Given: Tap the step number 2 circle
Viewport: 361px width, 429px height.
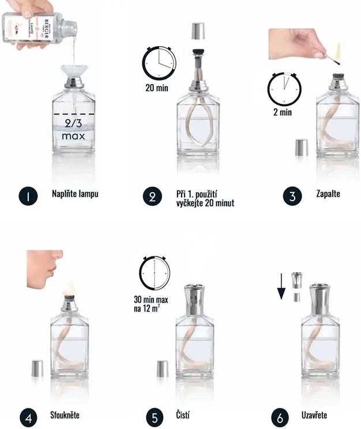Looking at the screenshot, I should tap(151, 196).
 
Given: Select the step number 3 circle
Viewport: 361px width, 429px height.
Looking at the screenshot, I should tap(292, 195).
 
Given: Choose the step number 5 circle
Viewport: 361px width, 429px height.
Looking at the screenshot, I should tap(151, 416).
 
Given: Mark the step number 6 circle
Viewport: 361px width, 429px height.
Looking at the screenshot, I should tap(281, 416).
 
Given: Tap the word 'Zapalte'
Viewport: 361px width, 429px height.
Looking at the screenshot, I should tap(328, 194).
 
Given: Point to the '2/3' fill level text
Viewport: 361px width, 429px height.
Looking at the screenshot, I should tap(73, 123).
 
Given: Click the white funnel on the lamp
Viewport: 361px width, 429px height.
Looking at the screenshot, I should tap(73, 73).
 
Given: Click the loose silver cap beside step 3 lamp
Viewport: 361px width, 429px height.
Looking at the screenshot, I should tap(301, 147).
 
